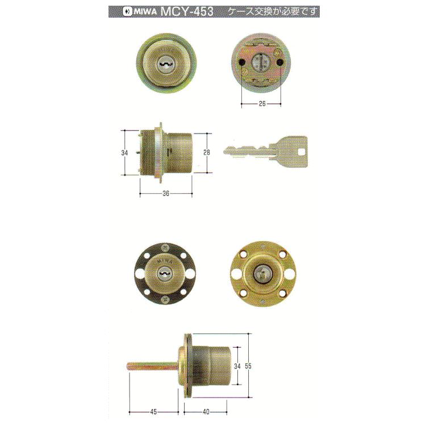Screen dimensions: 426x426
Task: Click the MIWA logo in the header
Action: point(139,12)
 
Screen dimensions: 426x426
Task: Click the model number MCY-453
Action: point(187,12)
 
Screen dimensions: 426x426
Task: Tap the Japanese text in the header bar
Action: point(273,11)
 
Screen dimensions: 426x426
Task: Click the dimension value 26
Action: point(262,103)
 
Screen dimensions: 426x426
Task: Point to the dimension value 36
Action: point(166,193)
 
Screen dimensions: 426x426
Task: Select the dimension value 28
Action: point(207,152)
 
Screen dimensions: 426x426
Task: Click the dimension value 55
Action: point(248,366)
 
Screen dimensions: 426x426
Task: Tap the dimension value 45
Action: point(153,412)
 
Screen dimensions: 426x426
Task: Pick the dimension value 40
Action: point(206,412)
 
